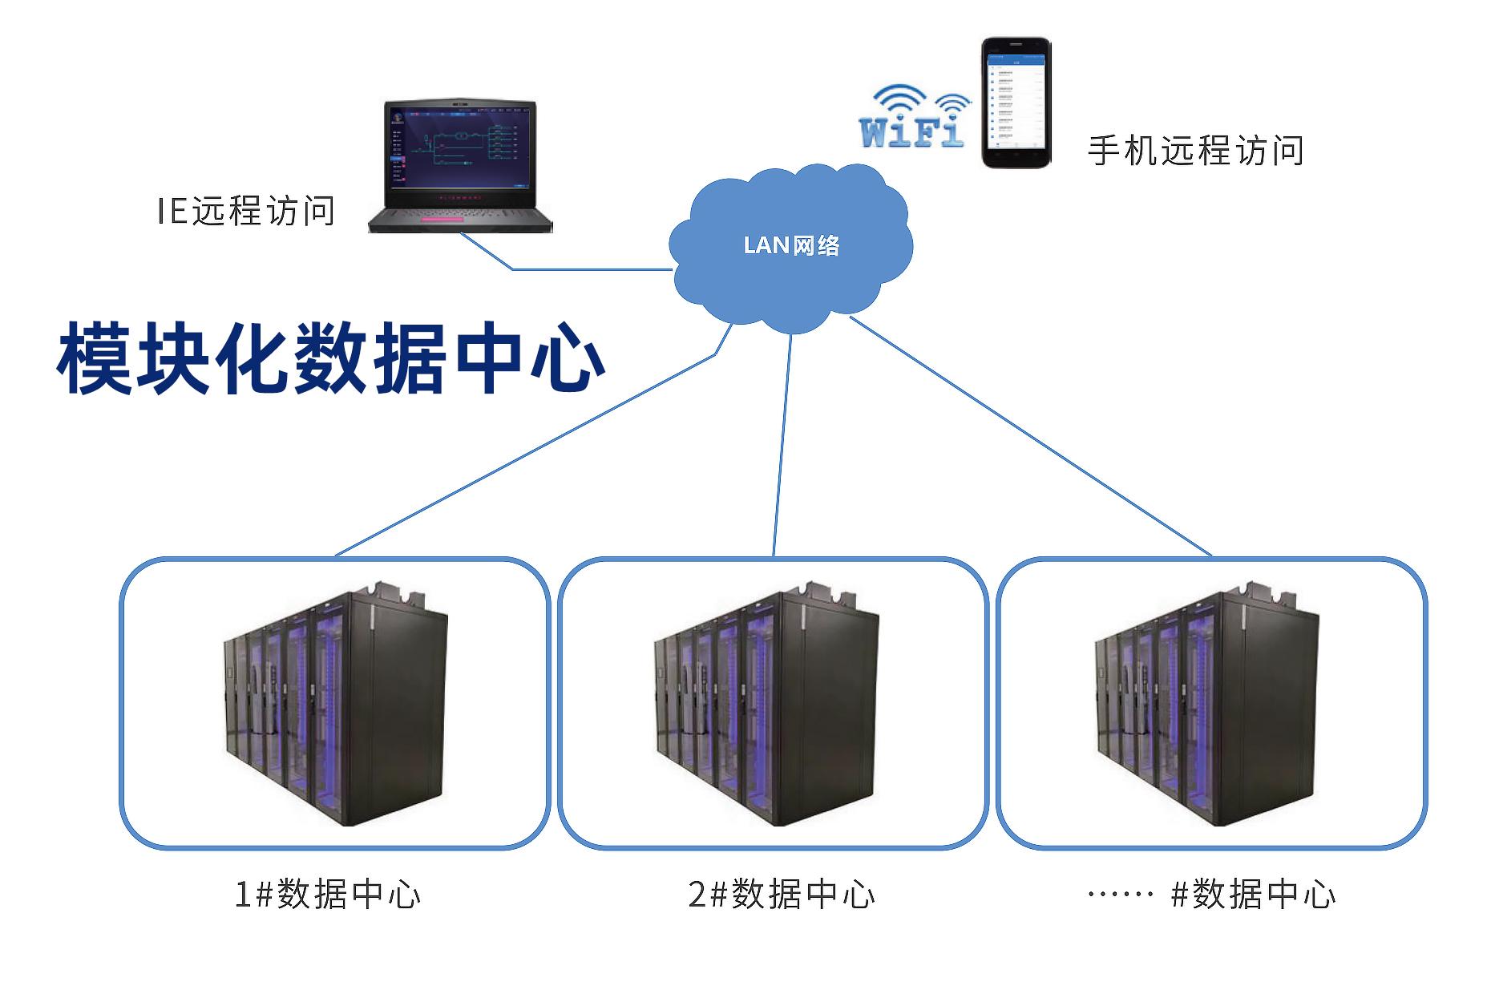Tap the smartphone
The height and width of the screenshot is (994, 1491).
coord(1016,103)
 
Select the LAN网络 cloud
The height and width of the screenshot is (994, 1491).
coord(790,245)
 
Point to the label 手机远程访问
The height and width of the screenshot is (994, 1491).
coord(1194,150)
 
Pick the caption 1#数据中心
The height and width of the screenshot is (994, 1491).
coord(327,895)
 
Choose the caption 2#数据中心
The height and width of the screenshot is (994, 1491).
coord(782,895)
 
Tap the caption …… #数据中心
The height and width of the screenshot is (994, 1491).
coord(1211,895)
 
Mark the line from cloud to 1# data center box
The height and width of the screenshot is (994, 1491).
coord(525,455)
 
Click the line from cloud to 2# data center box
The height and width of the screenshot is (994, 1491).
coord(782,445)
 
